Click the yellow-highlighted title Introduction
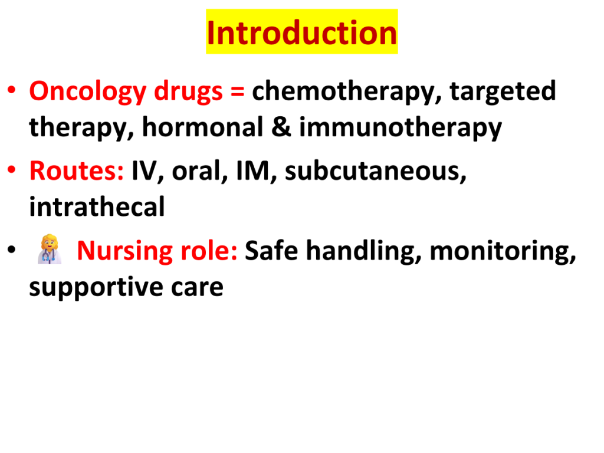point(301,32)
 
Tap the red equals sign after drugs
point(237,92)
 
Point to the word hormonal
point(203,127)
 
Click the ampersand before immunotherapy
point(281,127)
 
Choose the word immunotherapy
point(401,128)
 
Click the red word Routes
point(76,170)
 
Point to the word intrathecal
point(97,206)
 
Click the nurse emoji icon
point(50,249)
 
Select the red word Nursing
point(125,251)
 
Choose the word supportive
point(96,287)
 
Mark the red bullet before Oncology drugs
point(12,90)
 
